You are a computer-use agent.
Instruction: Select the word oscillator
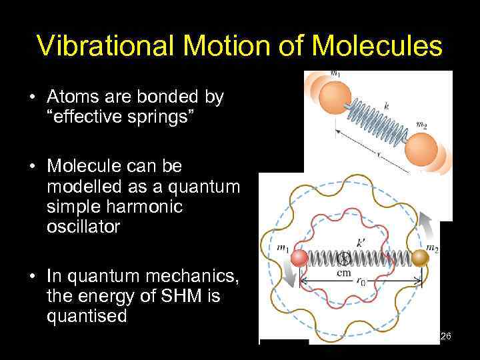click(83, 227)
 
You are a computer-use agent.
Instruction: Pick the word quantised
click(86, 316)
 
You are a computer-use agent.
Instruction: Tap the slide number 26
click(445, 336)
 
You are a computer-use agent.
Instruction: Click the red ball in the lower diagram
click(299, 259)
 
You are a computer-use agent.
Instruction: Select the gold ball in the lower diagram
click(419, 258)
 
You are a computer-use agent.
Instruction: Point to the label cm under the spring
click(345, 273)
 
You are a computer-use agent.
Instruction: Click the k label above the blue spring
click(386, 105)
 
